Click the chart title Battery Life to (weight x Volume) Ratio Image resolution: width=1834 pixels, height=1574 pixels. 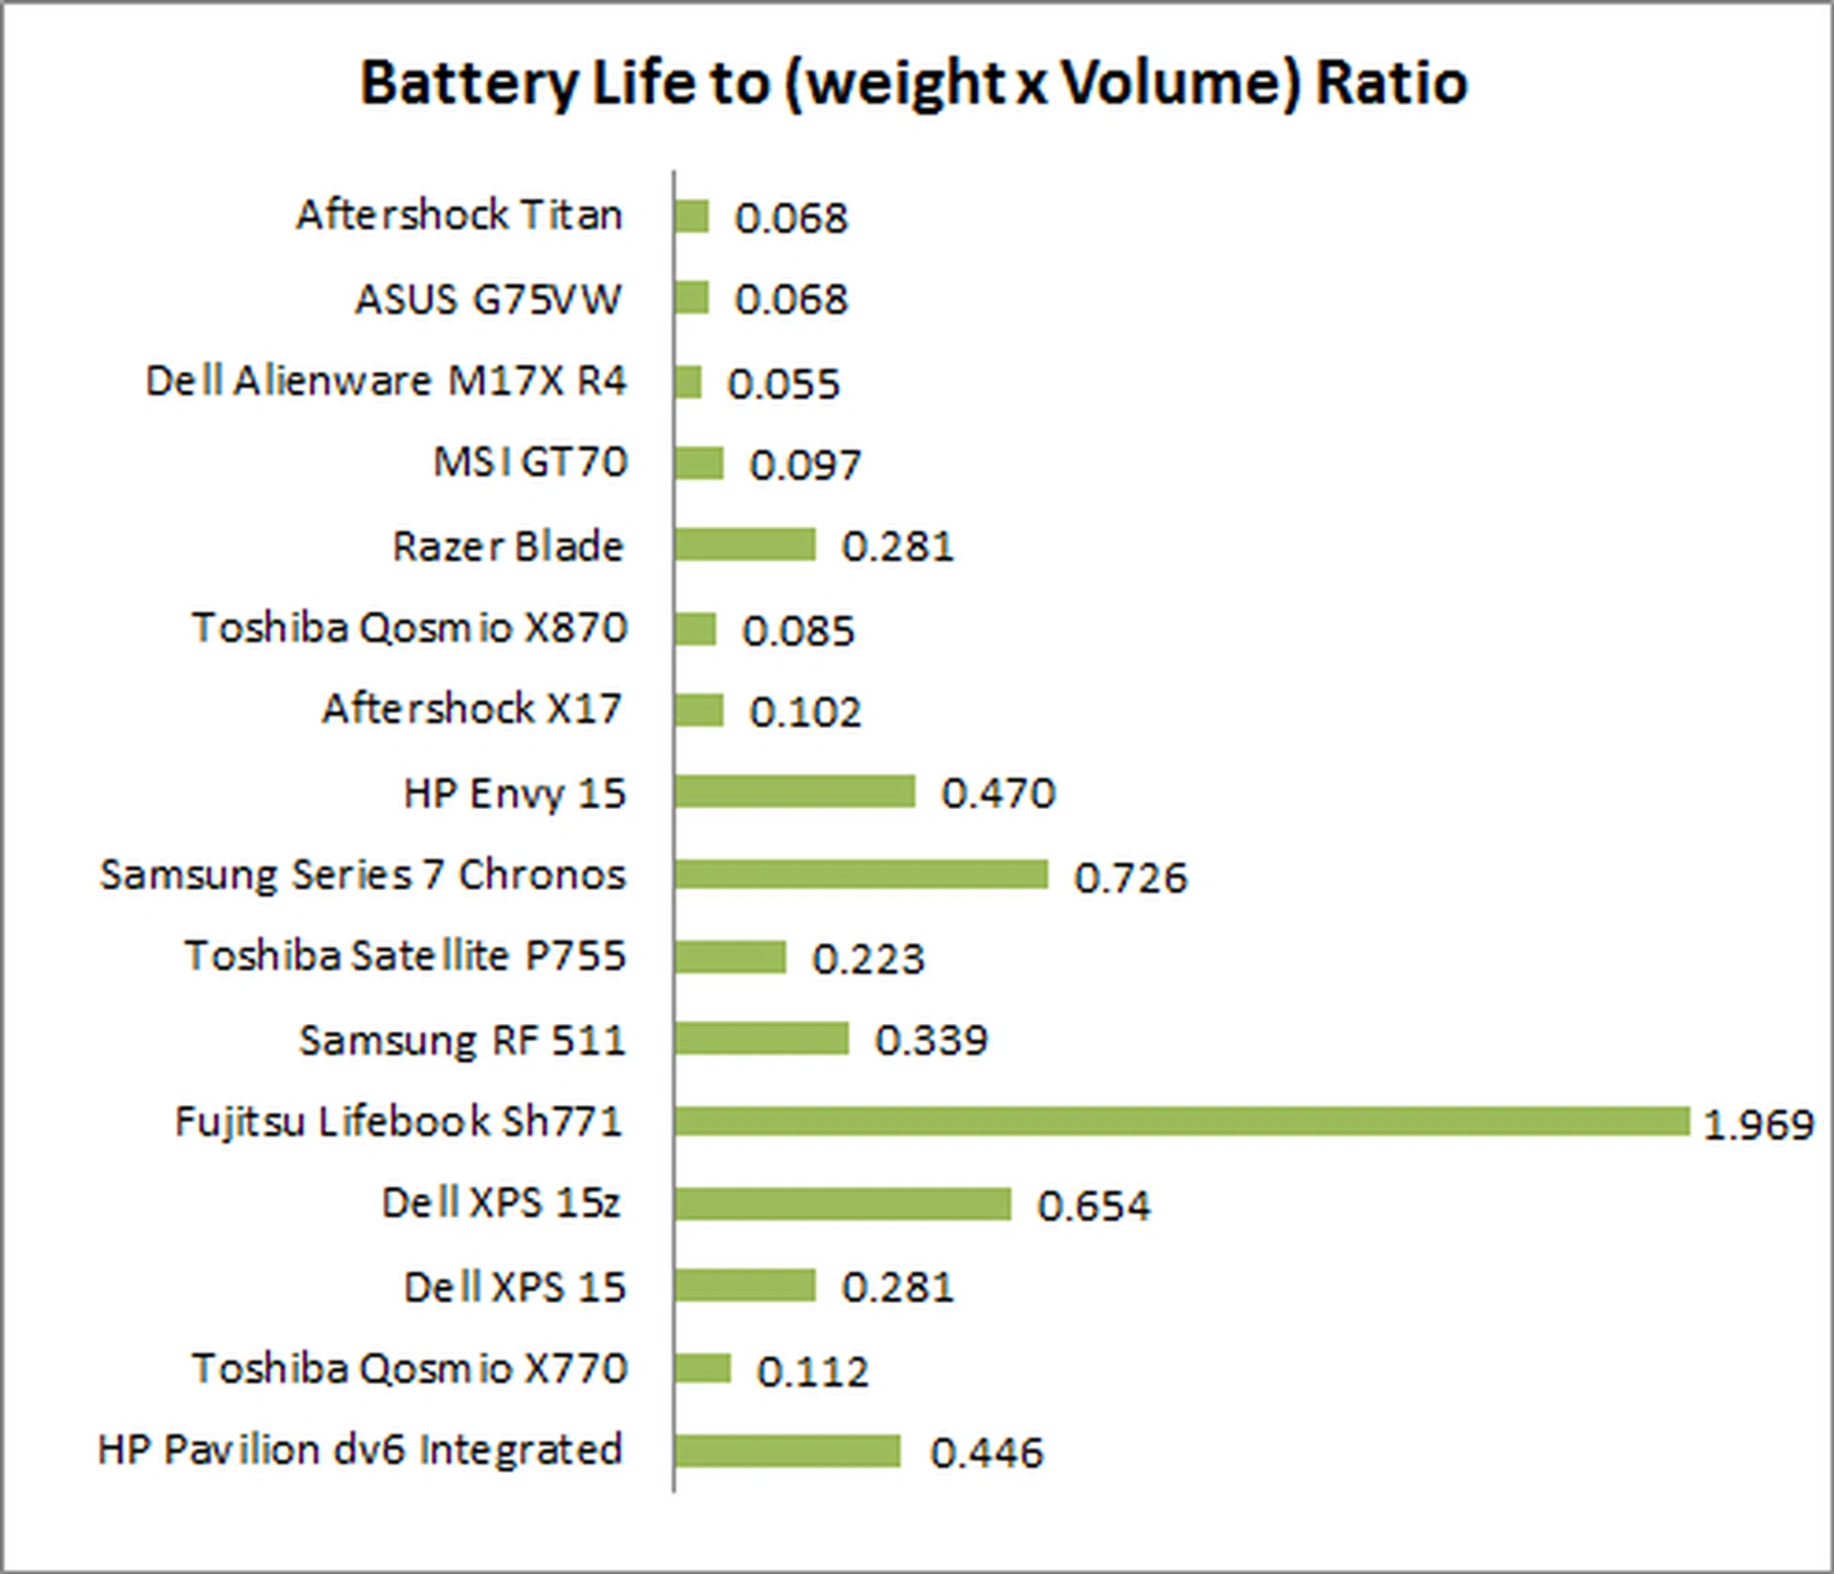tap(913, 83)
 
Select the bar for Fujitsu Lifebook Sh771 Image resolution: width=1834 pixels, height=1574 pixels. tap(1182, 1121)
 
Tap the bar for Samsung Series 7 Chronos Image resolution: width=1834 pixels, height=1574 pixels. tap(861, 874)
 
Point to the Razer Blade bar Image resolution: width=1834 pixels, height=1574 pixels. tap(745, 545)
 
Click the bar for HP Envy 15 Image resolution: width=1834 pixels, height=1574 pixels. tap(795, 792)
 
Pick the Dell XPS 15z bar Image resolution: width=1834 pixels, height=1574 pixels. tap(842, 1203)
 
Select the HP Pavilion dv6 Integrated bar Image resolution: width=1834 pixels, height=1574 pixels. tap(787, 1451)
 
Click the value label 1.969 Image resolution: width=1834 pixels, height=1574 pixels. tap(1759, 1125)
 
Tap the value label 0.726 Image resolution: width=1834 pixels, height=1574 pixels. tap(1131, 878)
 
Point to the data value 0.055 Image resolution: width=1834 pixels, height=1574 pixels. tap(783, 384)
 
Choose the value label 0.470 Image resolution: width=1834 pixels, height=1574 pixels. tap(998, 794)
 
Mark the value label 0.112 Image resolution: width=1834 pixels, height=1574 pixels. tap(813, 1372)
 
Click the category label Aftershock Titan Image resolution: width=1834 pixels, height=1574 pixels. tap(459, 215)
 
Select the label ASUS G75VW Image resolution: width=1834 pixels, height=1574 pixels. tap(489, 299)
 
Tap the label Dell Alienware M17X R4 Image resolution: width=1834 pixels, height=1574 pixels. tap(386, 381)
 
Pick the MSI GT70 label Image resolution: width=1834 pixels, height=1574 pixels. tap(531, 462)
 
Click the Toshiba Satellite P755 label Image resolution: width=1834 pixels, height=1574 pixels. tap(406, 956)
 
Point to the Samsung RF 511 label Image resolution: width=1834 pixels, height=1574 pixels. tap(462, 1040)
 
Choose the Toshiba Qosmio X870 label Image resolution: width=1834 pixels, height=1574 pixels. tap(410, 628)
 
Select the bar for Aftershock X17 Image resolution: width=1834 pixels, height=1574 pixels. tap(698, 711)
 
